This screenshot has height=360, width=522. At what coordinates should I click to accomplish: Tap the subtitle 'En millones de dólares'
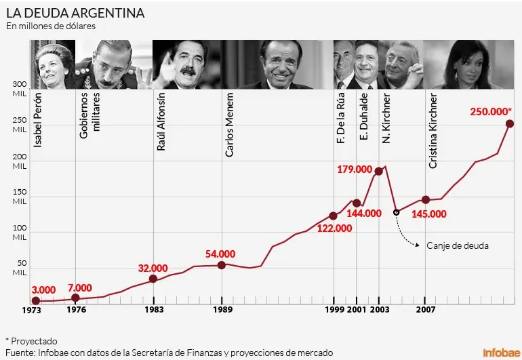coord(52,26)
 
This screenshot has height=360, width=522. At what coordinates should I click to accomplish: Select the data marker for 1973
coord(35,300)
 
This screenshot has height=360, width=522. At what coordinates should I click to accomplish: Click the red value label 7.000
coord(79,287)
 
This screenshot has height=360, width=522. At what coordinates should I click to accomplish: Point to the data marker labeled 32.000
coord(153,279)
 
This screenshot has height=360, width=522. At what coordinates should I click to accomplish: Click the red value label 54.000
coord(220,254)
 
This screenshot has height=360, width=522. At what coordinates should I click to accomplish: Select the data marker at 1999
coord(333,216)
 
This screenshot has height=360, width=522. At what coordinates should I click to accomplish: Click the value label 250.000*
coord(491,111)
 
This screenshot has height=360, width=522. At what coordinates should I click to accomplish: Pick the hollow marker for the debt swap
coord(397,212)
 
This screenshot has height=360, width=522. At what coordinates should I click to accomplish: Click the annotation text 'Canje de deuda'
coord(458,245)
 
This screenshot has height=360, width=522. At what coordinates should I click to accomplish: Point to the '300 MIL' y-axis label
coord(19,88)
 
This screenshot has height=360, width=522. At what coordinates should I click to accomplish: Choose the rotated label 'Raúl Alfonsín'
coord(161,122)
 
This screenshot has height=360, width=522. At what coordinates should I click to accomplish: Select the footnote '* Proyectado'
coord(31,341)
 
